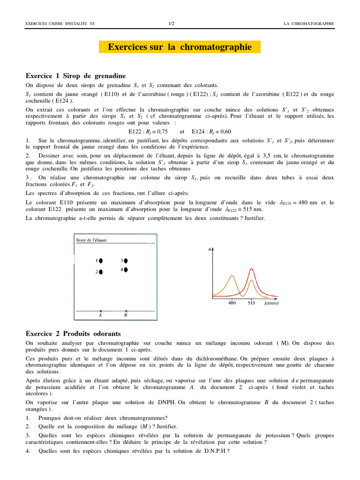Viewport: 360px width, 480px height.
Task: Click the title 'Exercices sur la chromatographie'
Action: pos(180,47)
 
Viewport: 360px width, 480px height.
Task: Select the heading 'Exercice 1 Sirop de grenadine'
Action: pos(75,75)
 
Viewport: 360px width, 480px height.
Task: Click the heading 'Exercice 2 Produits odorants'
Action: pos(73,333)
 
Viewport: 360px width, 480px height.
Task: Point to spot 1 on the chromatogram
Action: pos(101,261)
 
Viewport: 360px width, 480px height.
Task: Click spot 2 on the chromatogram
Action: pos(101,272)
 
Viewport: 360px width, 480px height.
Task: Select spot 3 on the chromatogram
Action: pos(126,260)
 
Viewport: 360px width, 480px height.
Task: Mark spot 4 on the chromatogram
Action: pos(126,270)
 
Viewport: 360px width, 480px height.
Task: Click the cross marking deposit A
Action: pos(100,311)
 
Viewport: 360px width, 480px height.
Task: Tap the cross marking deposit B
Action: pos(126,311)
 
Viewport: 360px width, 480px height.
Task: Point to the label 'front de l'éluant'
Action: pos(91,240)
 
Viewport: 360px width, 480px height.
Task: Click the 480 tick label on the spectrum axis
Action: pos(232,303)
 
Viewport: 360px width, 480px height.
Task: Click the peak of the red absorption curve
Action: pos(252,269)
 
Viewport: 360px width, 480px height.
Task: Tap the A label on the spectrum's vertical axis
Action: pos(209,250)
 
